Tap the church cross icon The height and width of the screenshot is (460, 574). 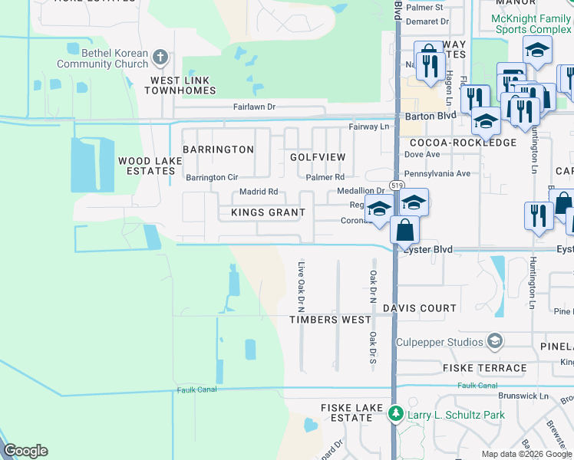tap(160, 56)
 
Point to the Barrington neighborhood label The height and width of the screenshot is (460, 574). tap(219, 149)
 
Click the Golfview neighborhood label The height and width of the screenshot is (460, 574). tap(318, 156)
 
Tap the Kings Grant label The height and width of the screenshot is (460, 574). tap(268, 212)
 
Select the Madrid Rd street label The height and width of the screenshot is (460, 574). tap(259, 192)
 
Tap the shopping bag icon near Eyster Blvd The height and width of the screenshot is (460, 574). tap(404, 228)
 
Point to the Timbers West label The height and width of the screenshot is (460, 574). tap(331, 320)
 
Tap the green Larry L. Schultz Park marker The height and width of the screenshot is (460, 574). tap(396, 415)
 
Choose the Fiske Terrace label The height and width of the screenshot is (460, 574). tap(484, 368)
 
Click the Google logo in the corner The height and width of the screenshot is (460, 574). tap(25, 451)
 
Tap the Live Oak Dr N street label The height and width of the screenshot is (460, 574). tap(302, 281)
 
